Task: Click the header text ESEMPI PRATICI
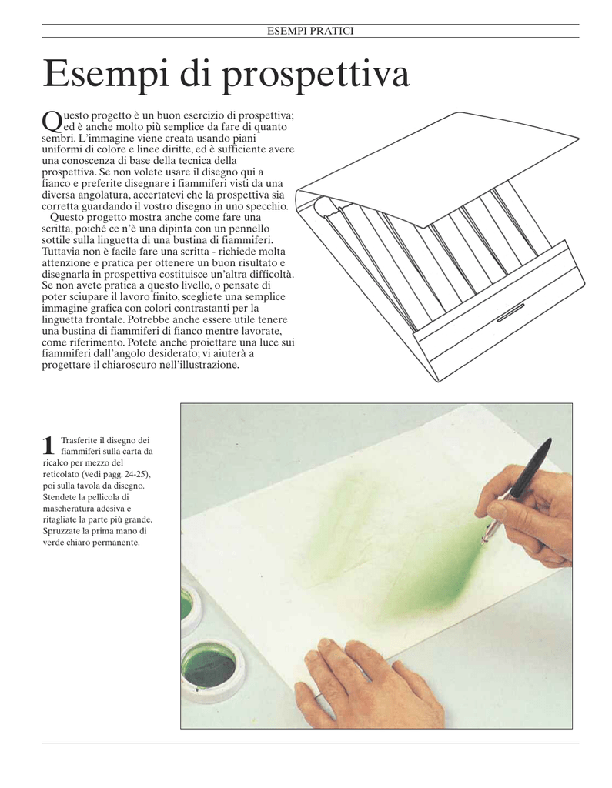(x=310, y=31)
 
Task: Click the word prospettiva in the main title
(x=316, y=75)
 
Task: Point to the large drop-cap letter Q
(x=52, y=121)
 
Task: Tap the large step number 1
(x=48, y=446)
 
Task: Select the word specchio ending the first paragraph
(x=270, y=206)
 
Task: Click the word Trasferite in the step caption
(x=79, y=440)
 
